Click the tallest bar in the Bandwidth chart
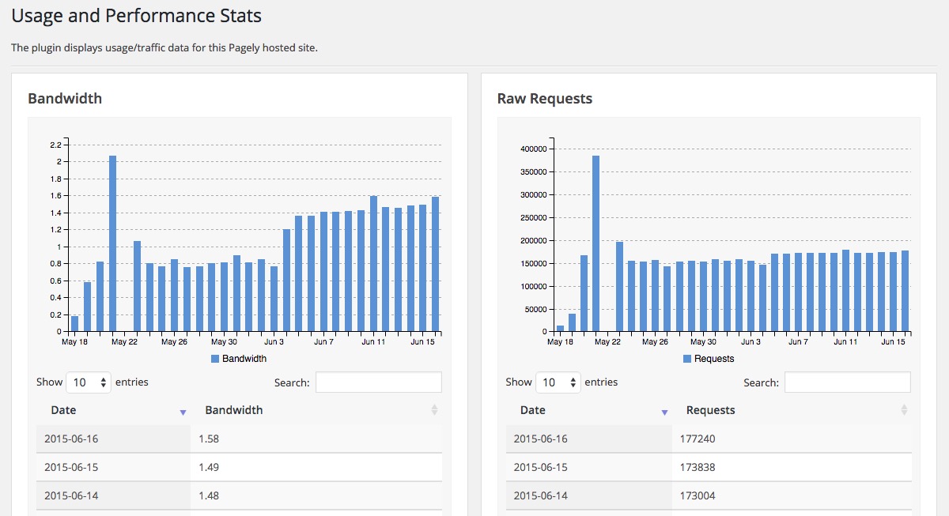point(112,243)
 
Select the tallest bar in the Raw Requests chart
point(595,243)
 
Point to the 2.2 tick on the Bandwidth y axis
point(56,145)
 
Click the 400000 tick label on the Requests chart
point(534,149)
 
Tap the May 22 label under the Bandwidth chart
point(125,341)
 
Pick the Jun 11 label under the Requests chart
point(845,341)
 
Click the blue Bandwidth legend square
point(215,359)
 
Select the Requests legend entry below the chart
point(709,359)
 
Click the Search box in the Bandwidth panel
point(378,382)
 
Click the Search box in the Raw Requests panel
point(847,382)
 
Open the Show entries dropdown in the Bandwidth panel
point(89,382)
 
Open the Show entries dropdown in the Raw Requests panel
point(558,382)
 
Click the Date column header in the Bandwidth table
point(63,410)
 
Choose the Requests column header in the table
point(710,410)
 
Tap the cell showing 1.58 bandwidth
point(316,439)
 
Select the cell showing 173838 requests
point(792,467)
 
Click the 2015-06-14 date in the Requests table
point(541,495)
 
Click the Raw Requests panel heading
point(544,99)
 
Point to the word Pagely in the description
point(244,48)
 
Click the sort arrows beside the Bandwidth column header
point(434,410)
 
